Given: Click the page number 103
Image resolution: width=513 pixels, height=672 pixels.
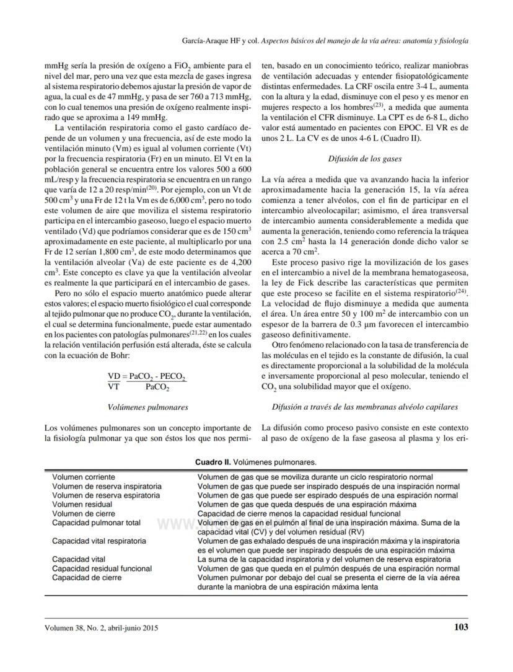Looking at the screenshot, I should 460,627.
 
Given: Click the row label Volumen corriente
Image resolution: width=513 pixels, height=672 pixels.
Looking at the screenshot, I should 83,477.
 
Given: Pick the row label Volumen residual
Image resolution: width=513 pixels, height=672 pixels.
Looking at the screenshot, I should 82,505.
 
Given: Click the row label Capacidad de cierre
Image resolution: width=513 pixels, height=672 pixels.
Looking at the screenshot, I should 87,577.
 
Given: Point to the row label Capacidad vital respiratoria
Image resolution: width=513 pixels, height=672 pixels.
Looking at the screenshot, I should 99,541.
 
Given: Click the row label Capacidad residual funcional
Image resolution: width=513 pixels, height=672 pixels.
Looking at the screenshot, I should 102,568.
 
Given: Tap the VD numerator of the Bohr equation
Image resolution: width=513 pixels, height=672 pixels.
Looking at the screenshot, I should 113,376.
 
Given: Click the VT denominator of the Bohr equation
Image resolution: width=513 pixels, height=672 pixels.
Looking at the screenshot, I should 113,386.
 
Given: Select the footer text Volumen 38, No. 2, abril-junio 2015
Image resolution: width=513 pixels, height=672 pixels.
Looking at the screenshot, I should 102,628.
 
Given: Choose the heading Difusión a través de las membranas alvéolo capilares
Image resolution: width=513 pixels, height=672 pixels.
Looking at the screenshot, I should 364,407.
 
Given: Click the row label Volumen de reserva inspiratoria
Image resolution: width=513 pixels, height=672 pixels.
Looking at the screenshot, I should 107,487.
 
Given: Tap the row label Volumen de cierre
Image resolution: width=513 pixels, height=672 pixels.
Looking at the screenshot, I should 80,513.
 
